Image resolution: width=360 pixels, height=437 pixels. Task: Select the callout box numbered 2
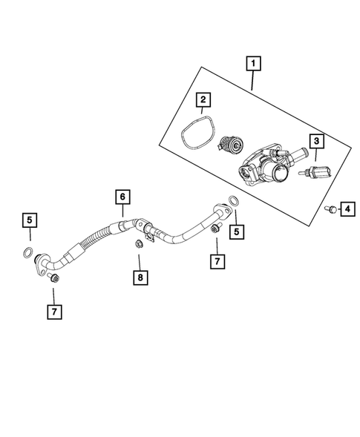[x=203, y=98]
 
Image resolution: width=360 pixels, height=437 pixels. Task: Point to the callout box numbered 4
[x=347, y=210]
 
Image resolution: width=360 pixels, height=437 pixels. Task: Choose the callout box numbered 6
[x=121, y=197]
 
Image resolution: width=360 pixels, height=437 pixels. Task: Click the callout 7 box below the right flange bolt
[x=217, y=262]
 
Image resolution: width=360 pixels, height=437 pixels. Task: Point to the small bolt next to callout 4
[x=328, y=210]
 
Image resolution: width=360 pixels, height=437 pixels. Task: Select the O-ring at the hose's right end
[x=234, y=202]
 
